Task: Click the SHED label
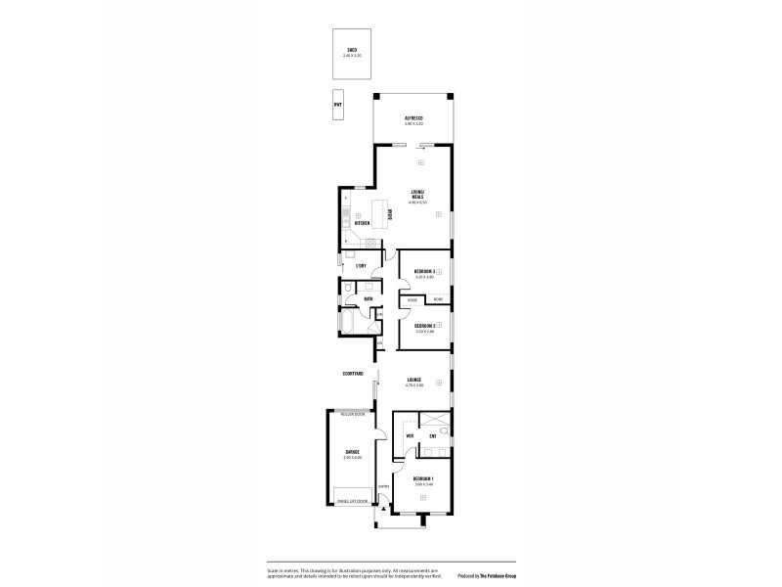point(351,50)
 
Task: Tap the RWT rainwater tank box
point(337,105)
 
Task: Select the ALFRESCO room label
point(413,118)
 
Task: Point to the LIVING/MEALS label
point(417,194)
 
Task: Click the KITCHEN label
point(362,223)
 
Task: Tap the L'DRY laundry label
point(361,265)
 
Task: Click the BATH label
point(369,298)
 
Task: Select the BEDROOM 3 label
point(424,271)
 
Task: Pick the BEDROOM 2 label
point(424,326)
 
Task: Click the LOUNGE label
point(414,380)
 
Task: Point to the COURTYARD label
point(353,374)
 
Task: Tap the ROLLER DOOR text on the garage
point(351,415)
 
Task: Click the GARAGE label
point(352,452)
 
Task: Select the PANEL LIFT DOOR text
point(352,502)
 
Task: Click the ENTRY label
point(384,487)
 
